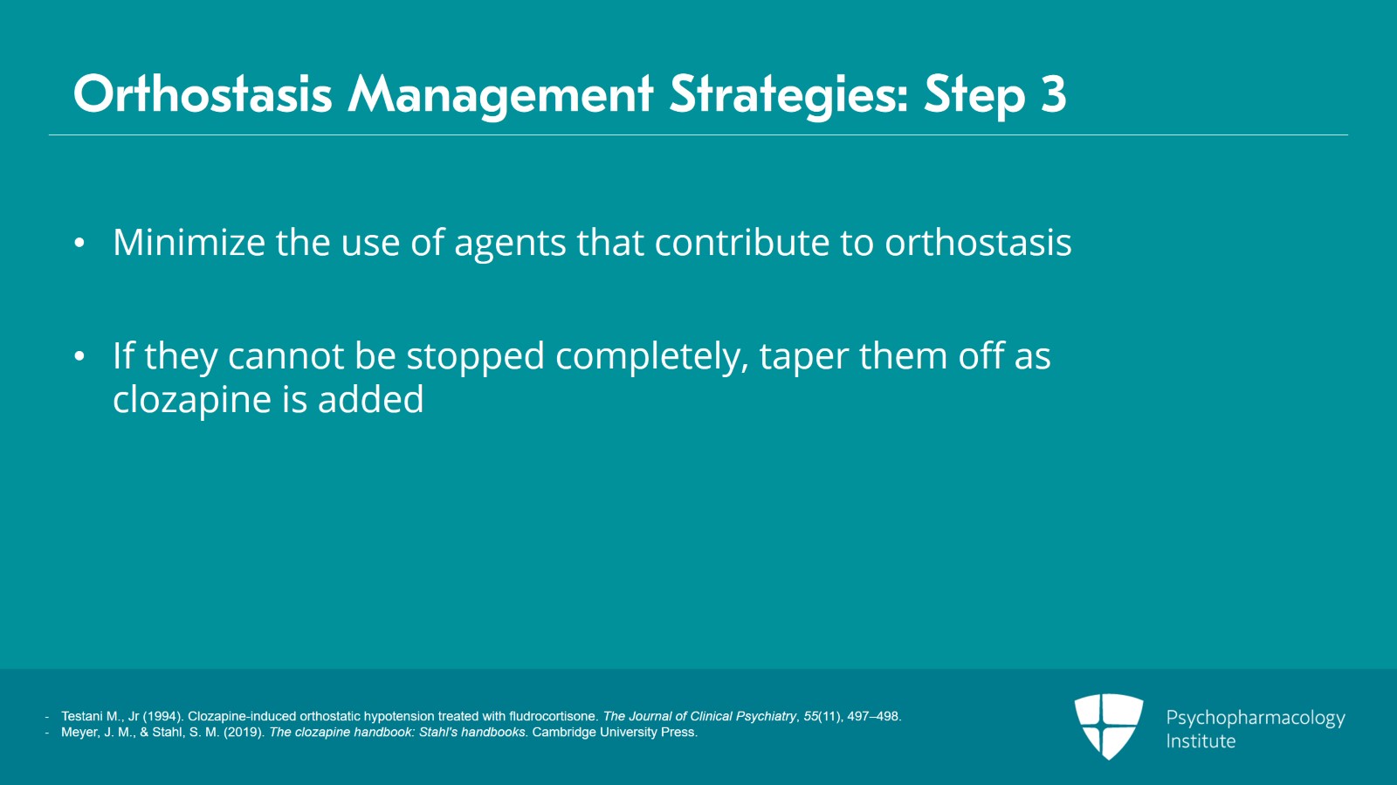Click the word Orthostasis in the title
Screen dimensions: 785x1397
203,94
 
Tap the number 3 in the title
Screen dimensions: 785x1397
1053,94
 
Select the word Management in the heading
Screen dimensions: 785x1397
500,94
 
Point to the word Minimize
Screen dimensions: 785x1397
189,243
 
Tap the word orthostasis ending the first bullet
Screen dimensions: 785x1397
978,243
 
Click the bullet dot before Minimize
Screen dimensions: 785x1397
79,244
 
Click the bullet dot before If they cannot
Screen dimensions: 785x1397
79,357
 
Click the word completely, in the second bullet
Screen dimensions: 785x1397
651,356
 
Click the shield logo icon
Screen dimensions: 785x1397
1108,725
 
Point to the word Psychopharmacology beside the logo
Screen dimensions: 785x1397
1255,718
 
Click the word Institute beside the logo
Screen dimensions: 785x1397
1201,741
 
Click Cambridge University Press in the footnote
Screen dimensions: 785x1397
614,732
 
